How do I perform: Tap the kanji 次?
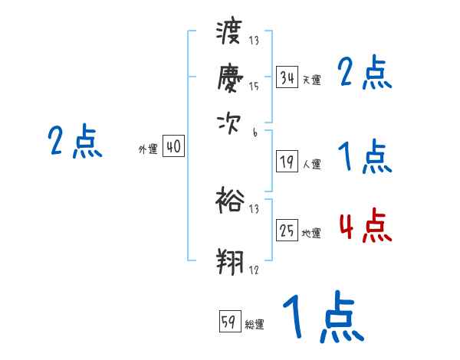click(229, 121)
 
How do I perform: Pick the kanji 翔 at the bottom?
click(229, 260)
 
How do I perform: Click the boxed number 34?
click(287, 78)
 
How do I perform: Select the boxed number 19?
click(287, 162)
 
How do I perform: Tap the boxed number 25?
click(287, 231)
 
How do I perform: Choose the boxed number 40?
click(174, 147)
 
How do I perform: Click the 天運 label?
click(311, 80)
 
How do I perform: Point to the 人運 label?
click(311, 164)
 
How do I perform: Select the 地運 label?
click(311, 233)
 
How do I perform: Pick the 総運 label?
click(255, 324)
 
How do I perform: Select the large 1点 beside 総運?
click(321, 317)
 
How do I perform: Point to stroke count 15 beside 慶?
click(254, 87)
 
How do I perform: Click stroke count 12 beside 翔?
click(254, 270)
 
